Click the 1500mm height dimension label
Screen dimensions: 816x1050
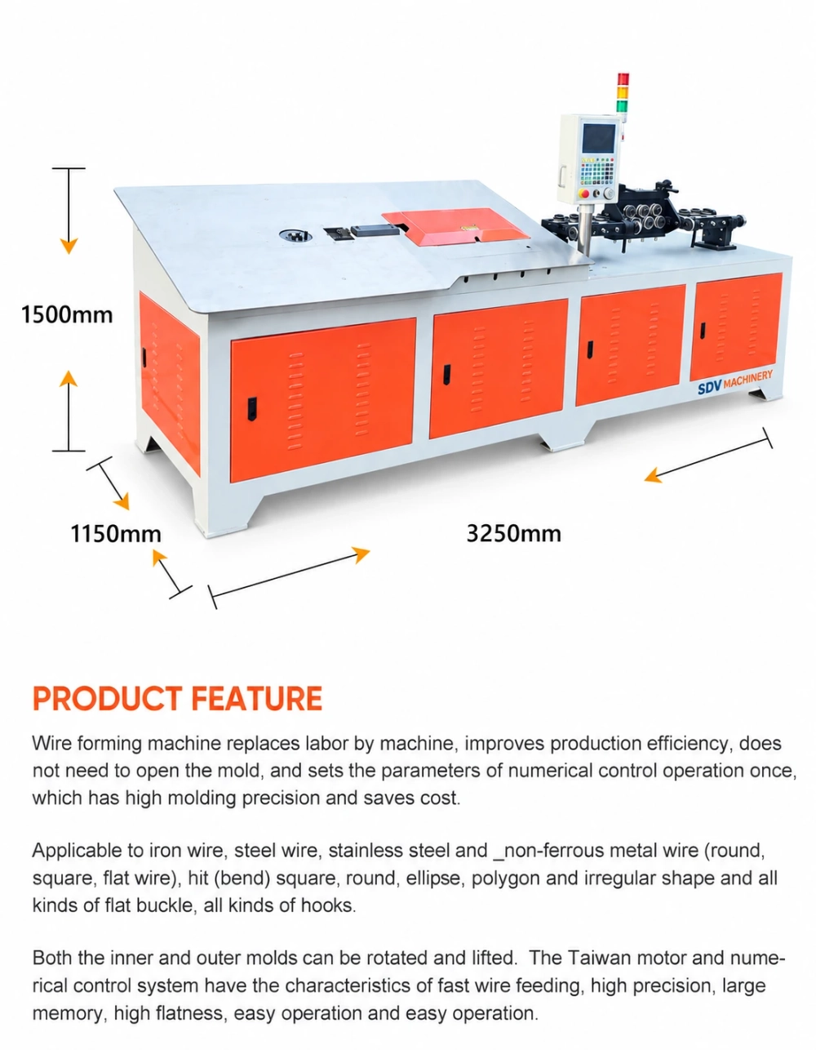tap(67, 314)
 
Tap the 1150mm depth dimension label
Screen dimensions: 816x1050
tap(116, 534)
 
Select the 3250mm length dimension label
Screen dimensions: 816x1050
tap(514, 534)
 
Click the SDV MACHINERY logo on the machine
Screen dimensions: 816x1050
tap(735, 380)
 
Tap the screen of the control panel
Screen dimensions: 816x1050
tap(599, 138)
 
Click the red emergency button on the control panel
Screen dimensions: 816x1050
tap(586, 194)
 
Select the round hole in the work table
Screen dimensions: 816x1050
tap(295, 236)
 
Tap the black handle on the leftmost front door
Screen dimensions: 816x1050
tap(251, 409)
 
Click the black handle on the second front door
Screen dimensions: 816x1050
tap(447, 375)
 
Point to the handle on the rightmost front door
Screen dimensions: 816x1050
tap(703, 331)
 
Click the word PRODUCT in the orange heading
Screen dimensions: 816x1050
tap(108, 698)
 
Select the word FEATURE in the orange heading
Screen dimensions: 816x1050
tap(257, 698)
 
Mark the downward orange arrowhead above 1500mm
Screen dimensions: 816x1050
tap(69, 246)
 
